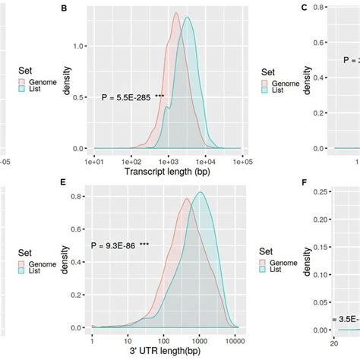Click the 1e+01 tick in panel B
[94, 161]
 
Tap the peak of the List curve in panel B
[186, 17]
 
